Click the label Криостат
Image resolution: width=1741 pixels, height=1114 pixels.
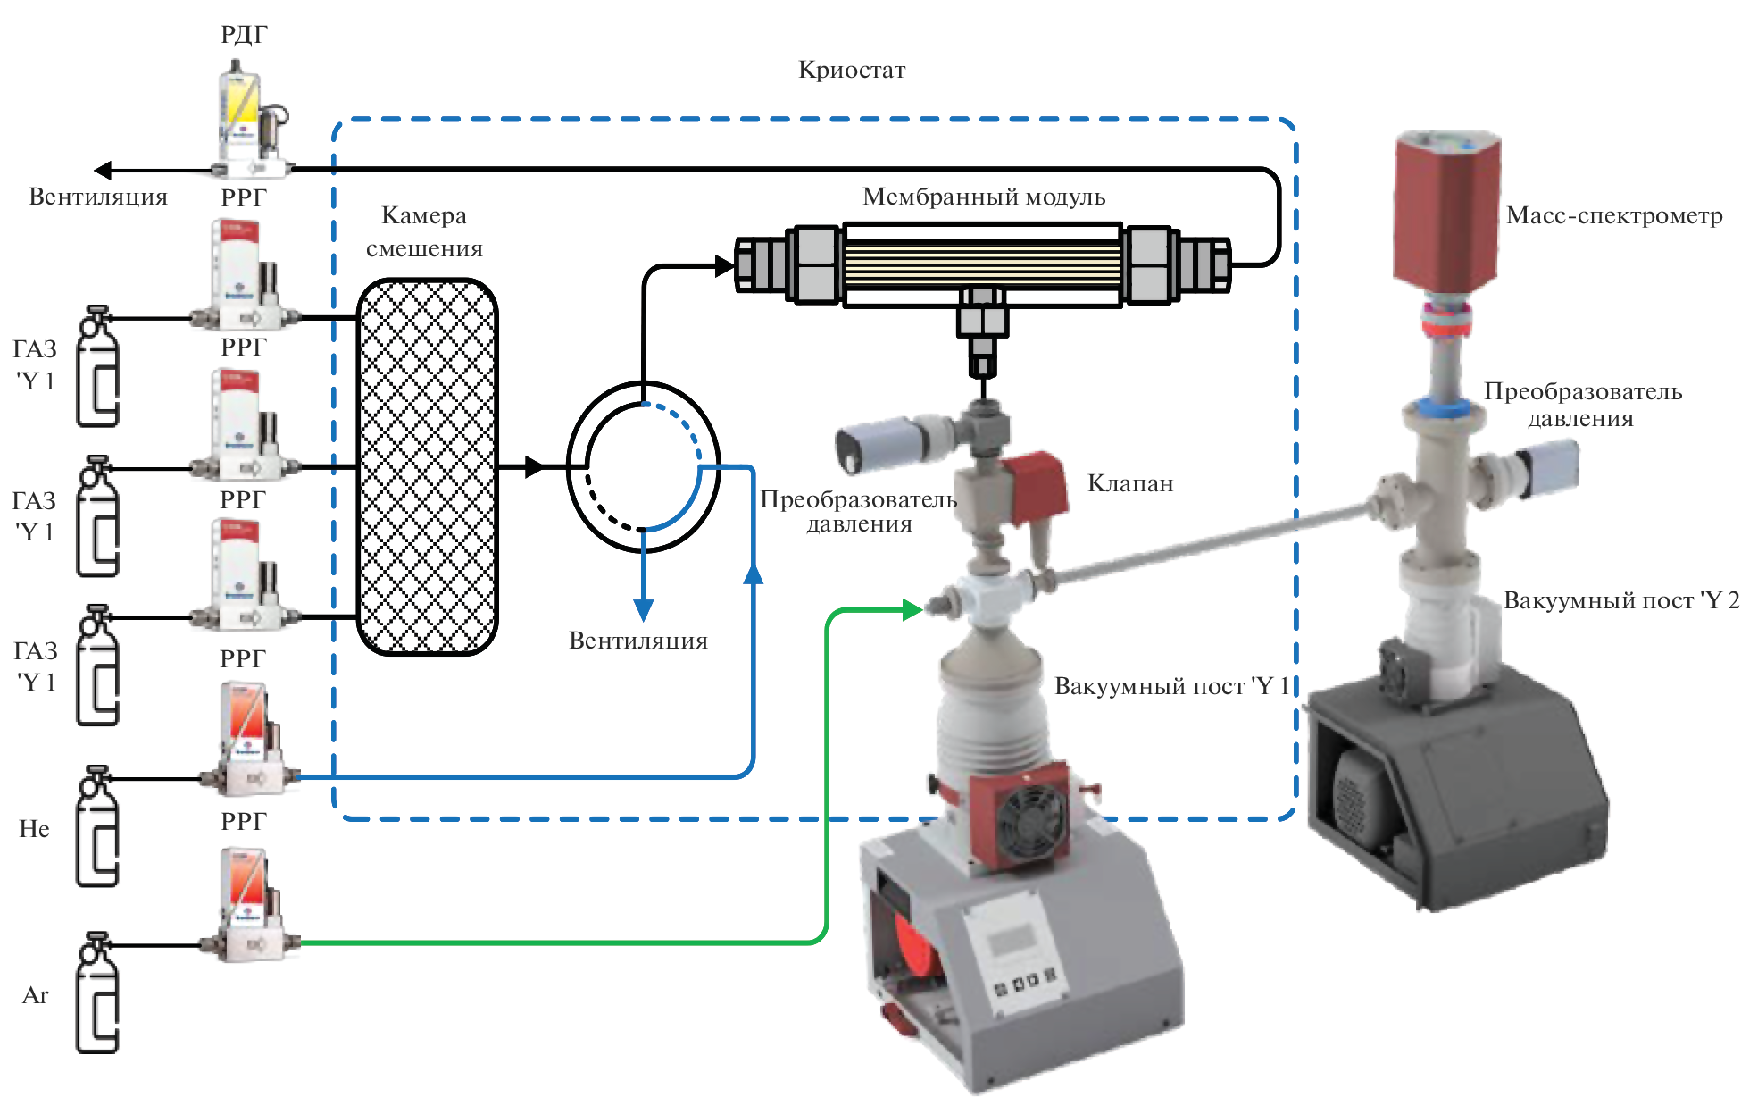[x=851, y=70]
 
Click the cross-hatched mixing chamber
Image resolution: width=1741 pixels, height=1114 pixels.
[x=427, y=466]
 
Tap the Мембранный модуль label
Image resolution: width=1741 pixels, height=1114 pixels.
[x=983, y=197]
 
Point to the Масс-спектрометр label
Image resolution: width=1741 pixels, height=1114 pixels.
[x=1614, y=215]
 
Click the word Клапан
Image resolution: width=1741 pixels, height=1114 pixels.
[x=1129, y=483]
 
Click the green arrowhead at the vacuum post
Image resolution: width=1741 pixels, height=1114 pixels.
[x=912, y=610]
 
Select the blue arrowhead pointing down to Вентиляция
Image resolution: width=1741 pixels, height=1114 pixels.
[x=643, y=610]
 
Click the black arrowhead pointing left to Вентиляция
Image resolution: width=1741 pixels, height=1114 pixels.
[x=104, y=170]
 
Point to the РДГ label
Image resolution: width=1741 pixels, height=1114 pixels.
[x=244, y=35]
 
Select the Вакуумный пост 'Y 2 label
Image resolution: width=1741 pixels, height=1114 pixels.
[x=1620, y=600]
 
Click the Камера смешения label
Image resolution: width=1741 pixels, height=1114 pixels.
[x=424, y=231]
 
